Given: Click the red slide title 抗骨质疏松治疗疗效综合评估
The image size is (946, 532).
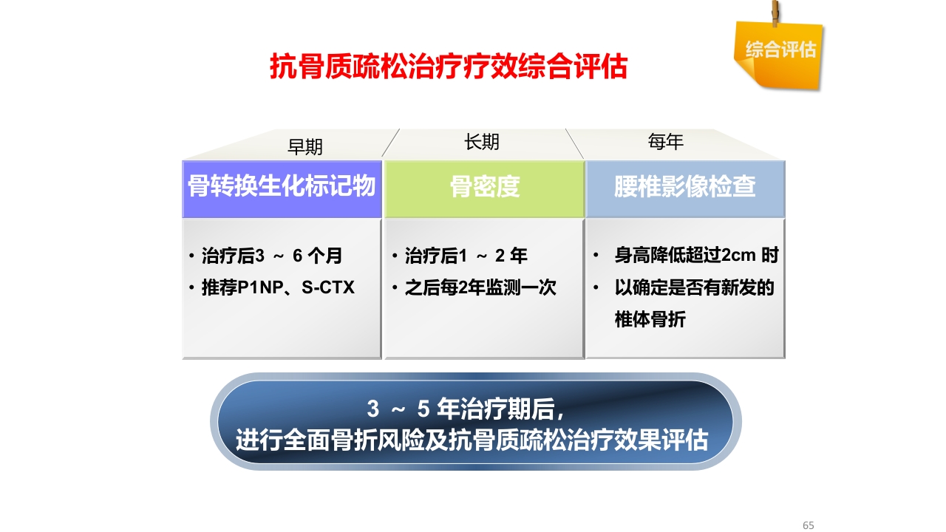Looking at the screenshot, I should tap(448, 67).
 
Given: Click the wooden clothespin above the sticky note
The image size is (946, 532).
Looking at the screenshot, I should tap(775, 13).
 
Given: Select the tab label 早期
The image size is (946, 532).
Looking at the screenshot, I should tap(305, 147).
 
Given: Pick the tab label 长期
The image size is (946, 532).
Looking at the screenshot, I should tap(482, 143).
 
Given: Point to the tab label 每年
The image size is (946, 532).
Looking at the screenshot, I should tap(666, 143).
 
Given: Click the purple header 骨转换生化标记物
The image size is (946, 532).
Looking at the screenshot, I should tap(282, 187).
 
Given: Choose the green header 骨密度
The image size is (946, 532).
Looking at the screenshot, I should tap(485, 187).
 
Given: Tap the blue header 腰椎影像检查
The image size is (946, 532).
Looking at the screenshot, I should tap(685, 187).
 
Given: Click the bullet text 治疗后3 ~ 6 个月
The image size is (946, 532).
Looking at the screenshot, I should tap(271, 256).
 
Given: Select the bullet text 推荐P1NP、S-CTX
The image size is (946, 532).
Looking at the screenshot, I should tap(278, 287).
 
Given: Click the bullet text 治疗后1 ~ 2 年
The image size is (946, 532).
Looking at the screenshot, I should tap(466, 256).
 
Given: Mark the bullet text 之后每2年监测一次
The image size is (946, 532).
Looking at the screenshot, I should tap(480, 287).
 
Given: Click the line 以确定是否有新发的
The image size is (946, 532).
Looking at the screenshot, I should tap(694, 287).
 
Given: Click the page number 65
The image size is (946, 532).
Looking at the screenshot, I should tap(808, 525).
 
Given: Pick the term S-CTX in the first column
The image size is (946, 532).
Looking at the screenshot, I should tap(328, 287).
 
